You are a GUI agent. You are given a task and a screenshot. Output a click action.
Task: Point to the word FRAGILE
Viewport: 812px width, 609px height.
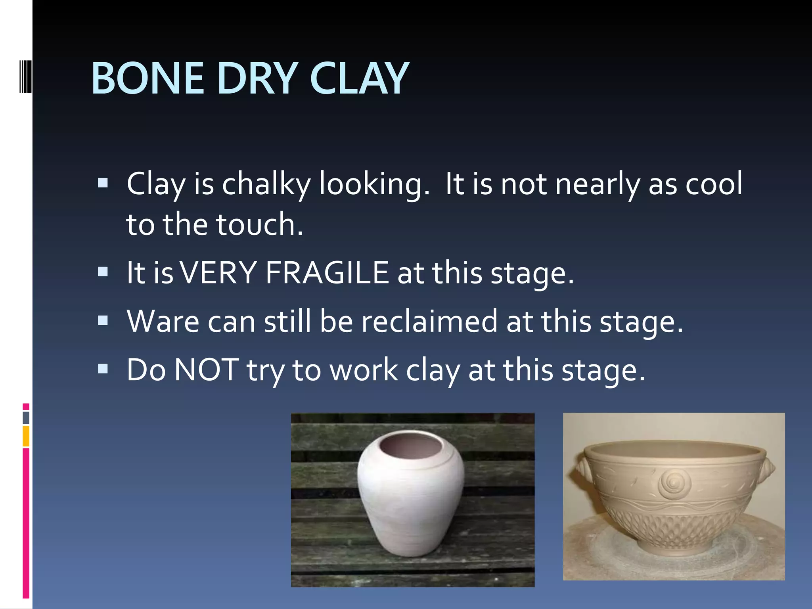pos(327,273)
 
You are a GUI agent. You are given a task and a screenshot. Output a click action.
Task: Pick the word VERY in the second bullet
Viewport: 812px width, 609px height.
pos(218,273)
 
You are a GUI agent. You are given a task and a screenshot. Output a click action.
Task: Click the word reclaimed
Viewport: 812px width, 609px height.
pos(429,321)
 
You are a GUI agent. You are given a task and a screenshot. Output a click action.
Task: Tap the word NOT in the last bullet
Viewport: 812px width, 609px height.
pos(207,370)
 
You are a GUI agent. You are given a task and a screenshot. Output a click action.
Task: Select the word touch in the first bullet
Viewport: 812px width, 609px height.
pos(259,224)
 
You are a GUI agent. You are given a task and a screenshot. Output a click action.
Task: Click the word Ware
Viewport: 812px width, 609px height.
pos(163,321)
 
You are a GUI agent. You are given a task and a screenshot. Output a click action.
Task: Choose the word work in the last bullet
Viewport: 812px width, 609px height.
pos(364,370)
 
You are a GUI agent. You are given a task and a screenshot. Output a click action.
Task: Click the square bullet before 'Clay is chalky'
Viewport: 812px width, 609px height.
pos(103,183)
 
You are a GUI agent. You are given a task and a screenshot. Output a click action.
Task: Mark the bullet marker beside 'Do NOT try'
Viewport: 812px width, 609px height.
pos(103,369)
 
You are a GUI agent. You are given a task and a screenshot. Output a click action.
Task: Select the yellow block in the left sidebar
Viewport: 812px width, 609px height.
pos(26,436)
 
